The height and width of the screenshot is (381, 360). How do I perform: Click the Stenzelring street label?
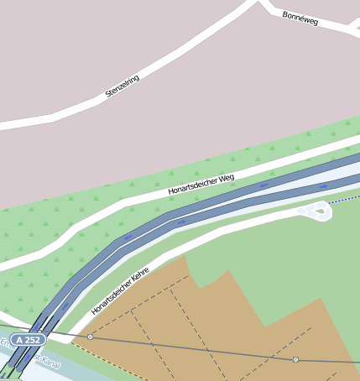point(123,86)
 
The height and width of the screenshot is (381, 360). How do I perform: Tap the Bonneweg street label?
point(300,18)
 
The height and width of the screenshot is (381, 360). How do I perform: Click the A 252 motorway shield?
point(29,340)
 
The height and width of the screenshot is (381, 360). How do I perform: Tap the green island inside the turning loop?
point(320,211)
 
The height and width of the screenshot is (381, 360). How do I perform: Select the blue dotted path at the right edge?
point(346,200)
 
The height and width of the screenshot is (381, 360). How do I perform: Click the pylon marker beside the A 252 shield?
point(90,337)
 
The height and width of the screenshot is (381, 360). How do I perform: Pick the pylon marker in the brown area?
point(295,359)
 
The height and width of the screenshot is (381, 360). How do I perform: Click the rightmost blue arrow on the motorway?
point(323,186)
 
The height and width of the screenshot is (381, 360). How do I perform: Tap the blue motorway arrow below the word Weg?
point(265,185)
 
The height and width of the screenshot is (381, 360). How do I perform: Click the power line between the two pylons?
point(193,348)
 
